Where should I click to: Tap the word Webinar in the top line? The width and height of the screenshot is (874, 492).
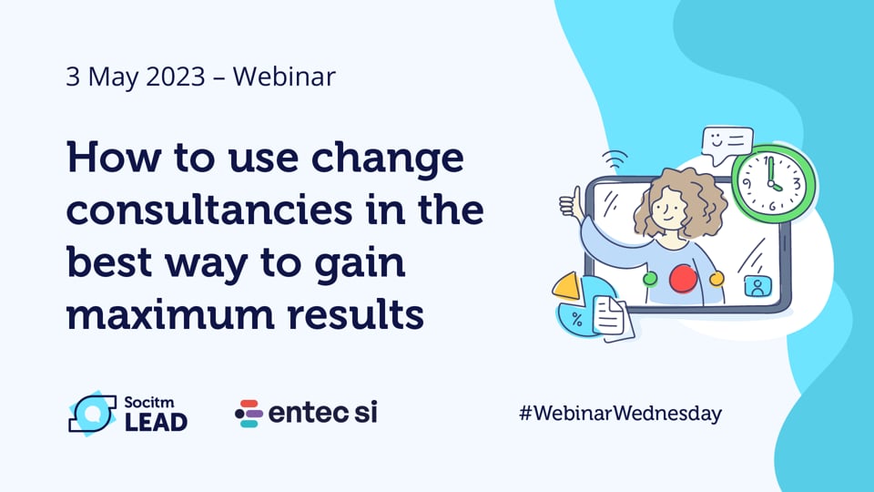coord(283,77)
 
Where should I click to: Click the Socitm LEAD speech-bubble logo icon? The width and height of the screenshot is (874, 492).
coord(92,413)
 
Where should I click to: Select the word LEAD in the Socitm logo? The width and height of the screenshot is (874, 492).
coord(156,422)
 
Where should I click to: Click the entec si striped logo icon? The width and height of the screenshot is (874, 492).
coord(249,414)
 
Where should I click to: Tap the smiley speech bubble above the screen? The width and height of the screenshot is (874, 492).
coord(727,144)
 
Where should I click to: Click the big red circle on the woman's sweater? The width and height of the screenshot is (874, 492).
coord(683,280)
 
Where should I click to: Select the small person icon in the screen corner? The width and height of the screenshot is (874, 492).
coord(756,286)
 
